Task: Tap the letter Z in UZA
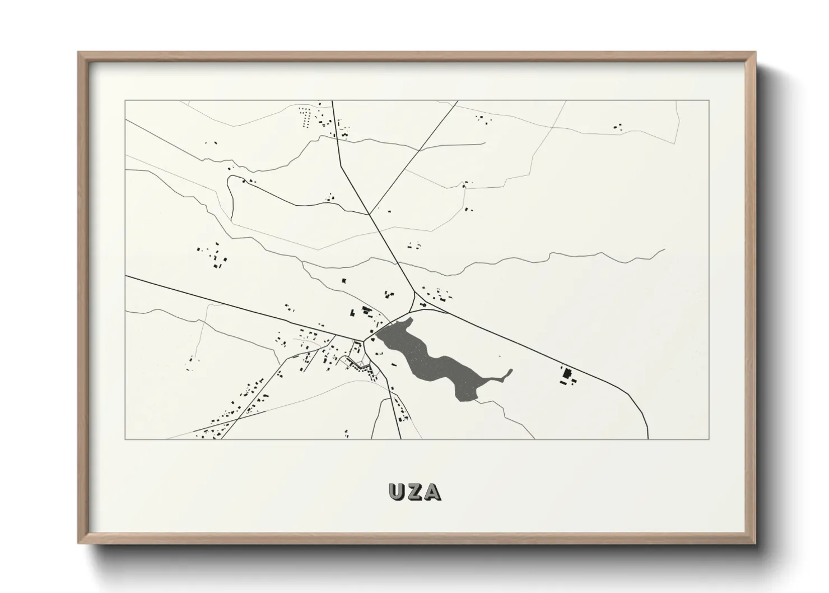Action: click(x=415, y=492)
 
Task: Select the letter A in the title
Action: click(x=433, y=492)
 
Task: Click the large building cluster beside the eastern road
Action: click(x=567, y=375)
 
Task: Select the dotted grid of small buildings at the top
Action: click(x=306, y=118)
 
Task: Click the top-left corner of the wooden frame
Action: click(x=79, y=53)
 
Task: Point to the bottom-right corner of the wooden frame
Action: click(x=755, y=543)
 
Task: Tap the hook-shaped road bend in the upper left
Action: click(x=229, y=180)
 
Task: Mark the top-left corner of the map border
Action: click(x=125, y=100)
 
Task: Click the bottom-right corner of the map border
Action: click(x=709, y=439)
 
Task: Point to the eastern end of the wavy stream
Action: click(x=664, y=249)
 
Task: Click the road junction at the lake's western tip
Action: click(x=367, y=337)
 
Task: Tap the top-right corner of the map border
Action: click(x=709, y=100)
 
